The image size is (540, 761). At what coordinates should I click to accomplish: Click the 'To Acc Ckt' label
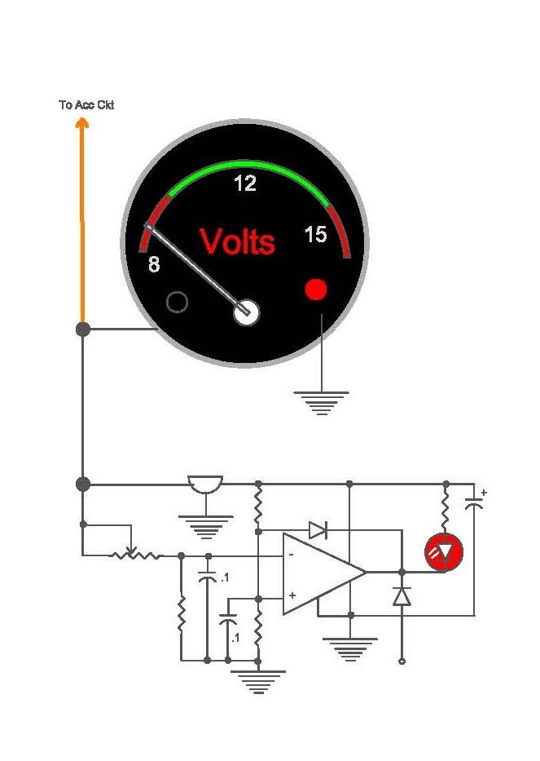[86, 105]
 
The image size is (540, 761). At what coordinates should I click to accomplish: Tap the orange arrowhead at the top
[82, 123]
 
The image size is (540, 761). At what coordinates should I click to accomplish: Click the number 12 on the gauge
[244, 184]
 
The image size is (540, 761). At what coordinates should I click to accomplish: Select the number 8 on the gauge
[154, 264]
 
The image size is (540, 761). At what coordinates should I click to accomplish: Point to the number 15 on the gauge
[315, 235]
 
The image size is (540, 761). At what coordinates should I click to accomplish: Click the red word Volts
[237, 241]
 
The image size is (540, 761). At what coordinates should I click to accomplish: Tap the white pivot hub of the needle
[246, 312]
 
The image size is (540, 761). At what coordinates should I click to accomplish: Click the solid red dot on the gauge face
[315, 289]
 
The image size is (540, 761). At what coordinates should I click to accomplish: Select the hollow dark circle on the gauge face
[177, 303]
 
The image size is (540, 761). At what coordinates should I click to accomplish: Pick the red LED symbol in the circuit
[444, 552]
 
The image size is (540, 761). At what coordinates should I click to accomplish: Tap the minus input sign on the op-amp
[291, 555]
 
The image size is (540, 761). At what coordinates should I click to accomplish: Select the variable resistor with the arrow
[135, 555]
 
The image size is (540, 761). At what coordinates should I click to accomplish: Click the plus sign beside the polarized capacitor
[484, 492]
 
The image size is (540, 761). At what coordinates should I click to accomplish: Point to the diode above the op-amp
[318, 530]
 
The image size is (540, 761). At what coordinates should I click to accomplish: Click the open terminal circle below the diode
[402, 661]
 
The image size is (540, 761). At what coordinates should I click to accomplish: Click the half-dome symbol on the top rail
[206, 487]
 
